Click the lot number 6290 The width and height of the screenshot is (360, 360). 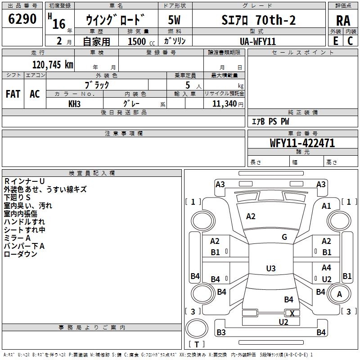22,19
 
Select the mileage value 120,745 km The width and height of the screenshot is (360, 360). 53,65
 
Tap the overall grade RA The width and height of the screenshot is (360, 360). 343,21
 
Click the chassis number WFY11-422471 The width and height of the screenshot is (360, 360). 302,143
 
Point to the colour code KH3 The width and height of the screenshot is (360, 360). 74,104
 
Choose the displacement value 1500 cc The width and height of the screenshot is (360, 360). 141,41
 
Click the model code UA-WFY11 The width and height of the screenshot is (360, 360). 258,41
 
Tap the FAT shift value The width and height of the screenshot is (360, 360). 13,94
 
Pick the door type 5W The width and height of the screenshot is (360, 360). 174,20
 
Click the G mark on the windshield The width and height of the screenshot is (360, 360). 284,237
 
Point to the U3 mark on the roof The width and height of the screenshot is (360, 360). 271,268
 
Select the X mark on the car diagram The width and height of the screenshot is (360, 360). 292,313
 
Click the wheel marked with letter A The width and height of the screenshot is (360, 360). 339,294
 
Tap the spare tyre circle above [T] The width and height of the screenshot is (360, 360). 197,328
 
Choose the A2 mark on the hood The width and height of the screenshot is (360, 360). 251,216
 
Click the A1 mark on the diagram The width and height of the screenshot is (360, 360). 326,206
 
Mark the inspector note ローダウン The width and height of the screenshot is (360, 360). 20,254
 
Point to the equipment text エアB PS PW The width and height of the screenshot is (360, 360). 270,121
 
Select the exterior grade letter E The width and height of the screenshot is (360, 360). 335,41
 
